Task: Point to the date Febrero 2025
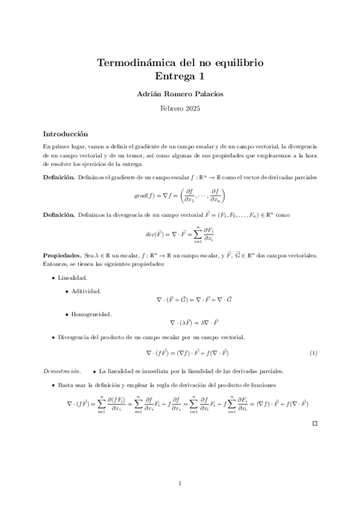[x=180, y=109]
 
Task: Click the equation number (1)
[x=313, y=352]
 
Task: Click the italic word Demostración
[x=63, y=370]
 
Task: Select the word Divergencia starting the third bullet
[x=76, y=337]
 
